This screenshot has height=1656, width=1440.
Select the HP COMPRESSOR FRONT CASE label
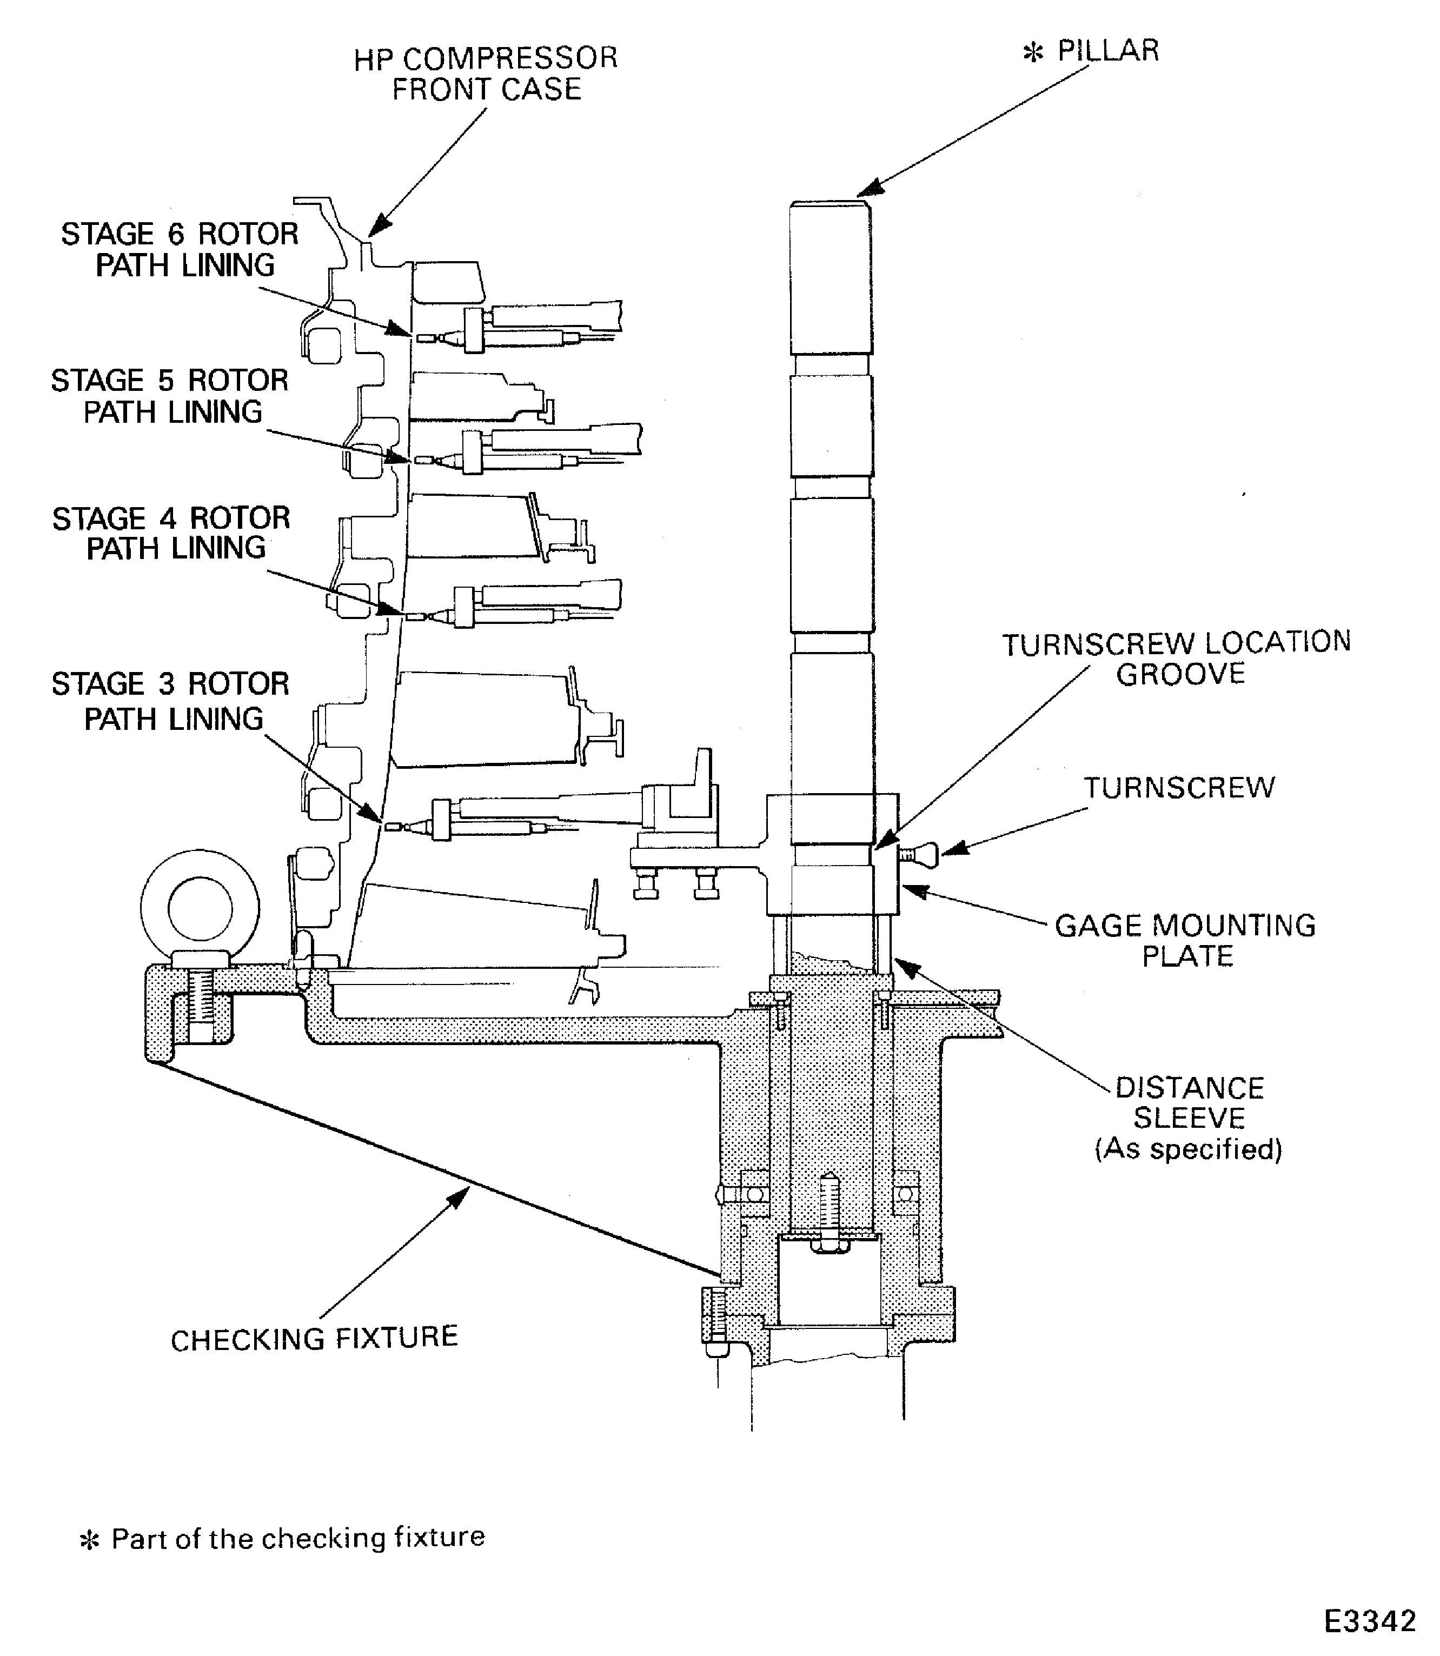486,74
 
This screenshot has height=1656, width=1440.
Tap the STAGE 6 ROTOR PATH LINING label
180,249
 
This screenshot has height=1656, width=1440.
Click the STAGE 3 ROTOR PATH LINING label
170,701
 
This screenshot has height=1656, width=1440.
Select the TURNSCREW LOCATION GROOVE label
1177,658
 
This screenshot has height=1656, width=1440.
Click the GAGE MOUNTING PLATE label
1185,940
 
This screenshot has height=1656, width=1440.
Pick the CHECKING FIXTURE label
314,1338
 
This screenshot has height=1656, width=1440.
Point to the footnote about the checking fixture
283,1538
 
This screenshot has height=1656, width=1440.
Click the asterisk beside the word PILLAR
1033,53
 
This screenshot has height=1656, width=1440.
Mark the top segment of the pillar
831,277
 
